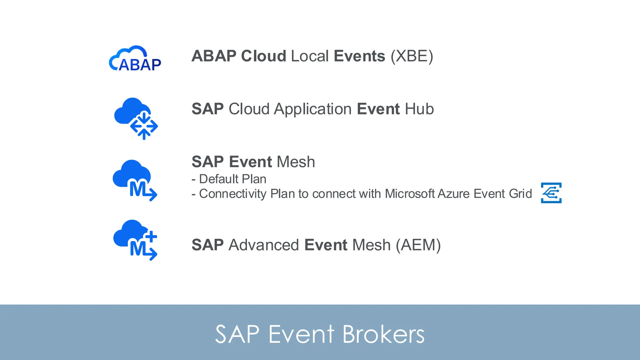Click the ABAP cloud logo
135,59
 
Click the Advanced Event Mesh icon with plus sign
135,240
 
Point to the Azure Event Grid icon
551,193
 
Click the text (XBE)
412,56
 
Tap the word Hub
419,109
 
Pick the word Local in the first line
310,56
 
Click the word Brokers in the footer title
383,334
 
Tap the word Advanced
264,245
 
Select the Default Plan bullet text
232,179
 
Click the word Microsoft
410,194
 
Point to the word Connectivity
232,194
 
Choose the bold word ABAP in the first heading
214,56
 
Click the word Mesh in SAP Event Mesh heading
296,162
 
